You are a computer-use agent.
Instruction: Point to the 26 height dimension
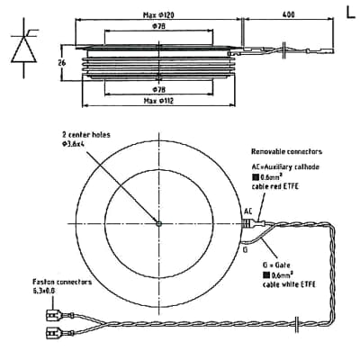(62, 63)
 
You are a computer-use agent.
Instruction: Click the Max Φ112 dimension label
(161, 101)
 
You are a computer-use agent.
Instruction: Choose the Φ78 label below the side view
(158, 90)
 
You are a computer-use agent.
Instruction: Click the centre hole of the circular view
(157, 224)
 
